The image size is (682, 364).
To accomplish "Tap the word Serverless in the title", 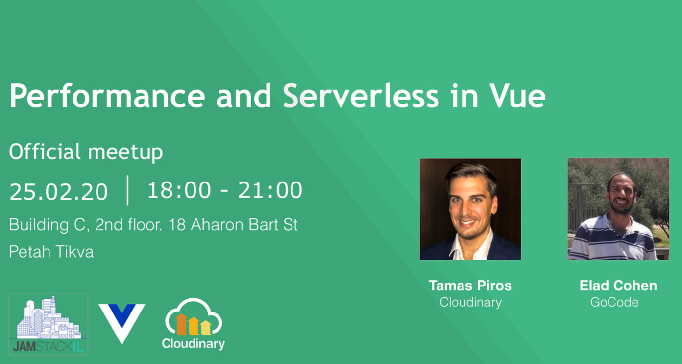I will coord(361,96).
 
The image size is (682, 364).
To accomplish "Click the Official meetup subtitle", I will coord(86,152).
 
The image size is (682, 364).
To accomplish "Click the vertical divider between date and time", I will coord(128,190).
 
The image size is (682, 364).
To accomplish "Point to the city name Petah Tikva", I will coord(51,252).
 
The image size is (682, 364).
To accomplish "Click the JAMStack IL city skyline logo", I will coord(49,324).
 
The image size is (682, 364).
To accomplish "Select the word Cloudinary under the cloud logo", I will coord(194,344).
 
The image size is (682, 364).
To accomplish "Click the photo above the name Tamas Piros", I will coord(470,209).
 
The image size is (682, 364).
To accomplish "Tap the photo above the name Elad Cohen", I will coord(618,209).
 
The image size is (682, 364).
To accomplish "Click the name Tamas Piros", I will coord(470,286).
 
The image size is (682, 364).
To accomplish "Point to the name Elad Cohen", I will coord(618,286).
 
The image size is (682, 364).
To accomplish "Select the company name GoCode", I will coord(614,302).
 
